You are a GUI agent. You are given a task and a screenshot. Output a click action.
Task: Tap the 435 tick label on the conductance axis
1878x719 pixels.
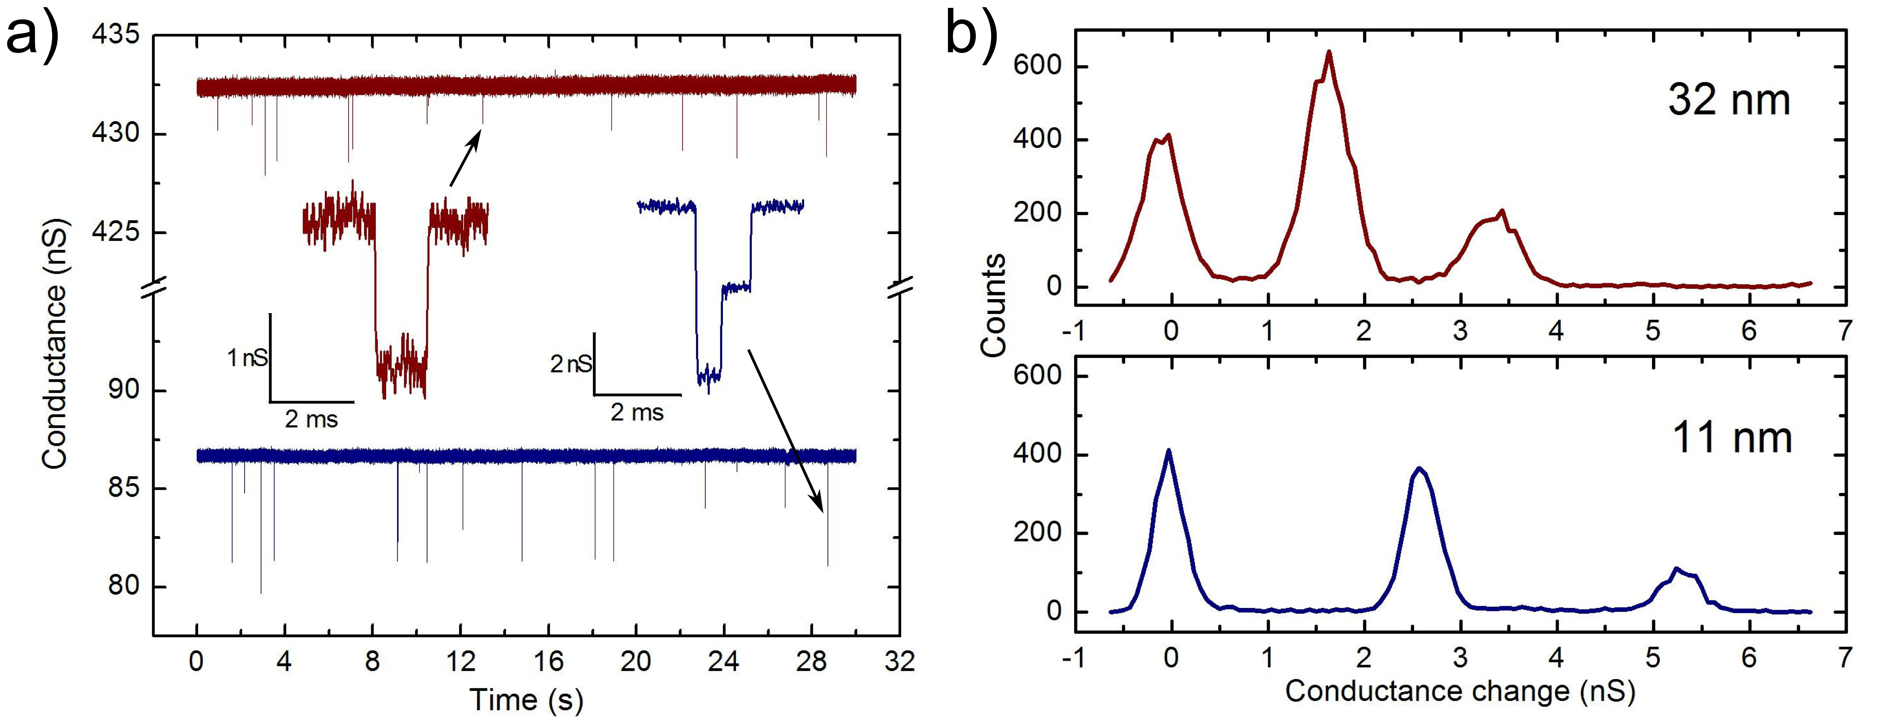point(115,35)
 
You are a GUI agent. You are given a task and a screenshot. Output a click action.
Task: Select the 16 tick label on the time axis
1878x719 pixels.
point(548,661)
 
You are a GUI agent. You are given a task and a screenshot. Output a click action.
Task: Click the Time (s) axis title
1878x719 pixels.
point(526,699)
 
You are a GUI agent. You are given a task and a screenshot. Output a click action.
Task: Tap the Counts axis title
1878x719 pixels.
point(993,306)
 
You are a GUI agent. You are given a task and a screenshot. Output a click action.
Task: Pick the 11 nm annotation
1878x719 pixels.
point(1732,438)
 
